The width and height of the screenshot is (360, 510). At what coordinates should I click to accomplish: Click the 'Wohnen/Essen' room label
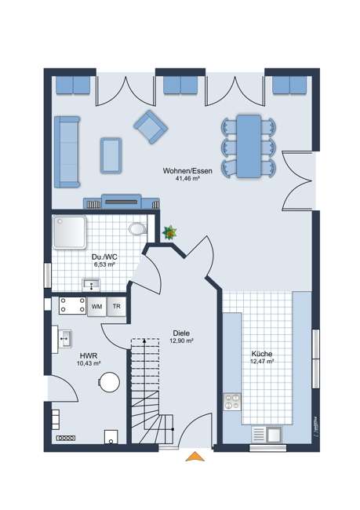coord(184,170)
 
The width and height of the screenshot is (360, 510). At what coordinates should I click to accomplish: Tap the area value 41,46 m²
coord(184,178)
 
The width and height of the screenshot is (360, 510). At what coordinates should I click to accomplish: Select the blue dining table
coord(249,145)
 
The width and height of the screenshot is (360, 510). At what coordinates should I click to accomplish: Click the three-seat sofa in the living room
coord(67,151)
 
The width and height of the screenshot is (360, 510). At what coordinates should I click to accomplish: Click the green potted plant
coord(169,232)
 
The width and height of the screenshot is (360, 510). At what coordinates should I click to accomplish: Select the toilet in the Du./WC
coord(138,228)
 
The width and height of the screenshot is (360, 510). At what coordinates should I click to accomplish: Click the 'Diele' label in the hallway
coord(181,333)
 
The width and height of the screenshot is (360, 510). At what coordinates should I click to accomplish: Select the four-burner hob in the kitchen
coord(232,402)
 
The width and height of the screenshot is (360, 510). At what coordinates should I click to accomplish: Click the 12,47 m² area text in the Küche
coord(261,362)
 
